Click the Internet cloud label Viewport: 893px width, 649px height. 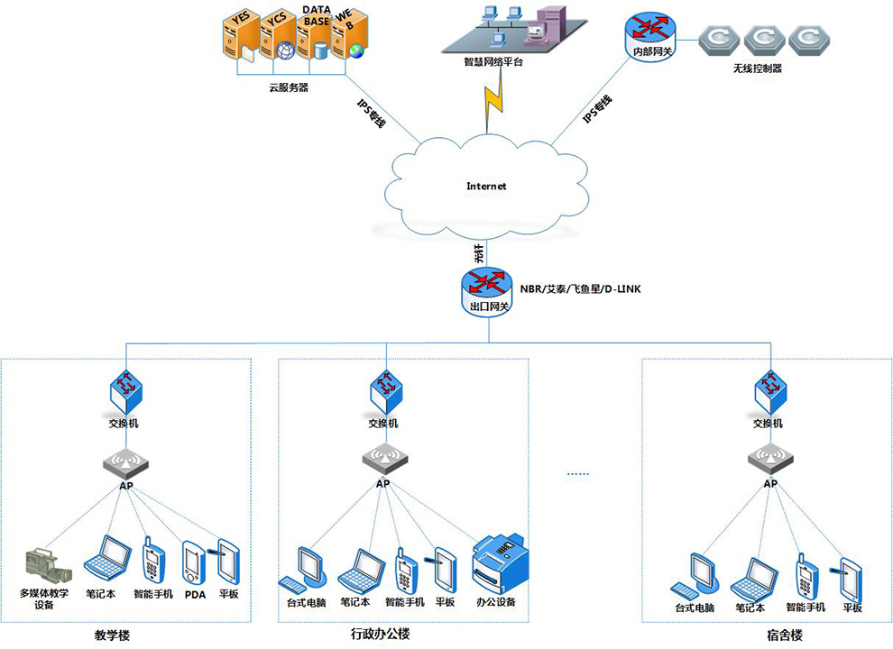click(x=486, y=187)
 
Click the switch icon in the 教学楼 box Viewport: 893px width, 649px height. click(x=125, y=388)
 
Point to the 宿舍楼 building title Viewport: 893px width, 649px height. click(x=779, y=635)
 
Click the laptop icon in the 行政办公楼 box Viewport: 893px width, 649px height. click(x=355, y=569)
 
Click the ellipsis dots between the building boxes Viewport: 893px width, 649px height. click(x=577, y=474)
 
